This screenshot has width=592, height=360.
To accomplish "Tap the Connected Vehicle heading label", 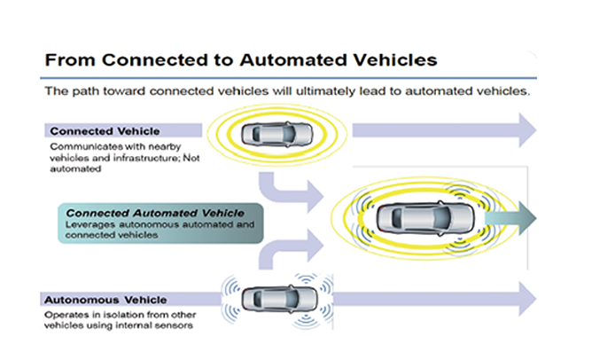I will coord(105,131).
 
